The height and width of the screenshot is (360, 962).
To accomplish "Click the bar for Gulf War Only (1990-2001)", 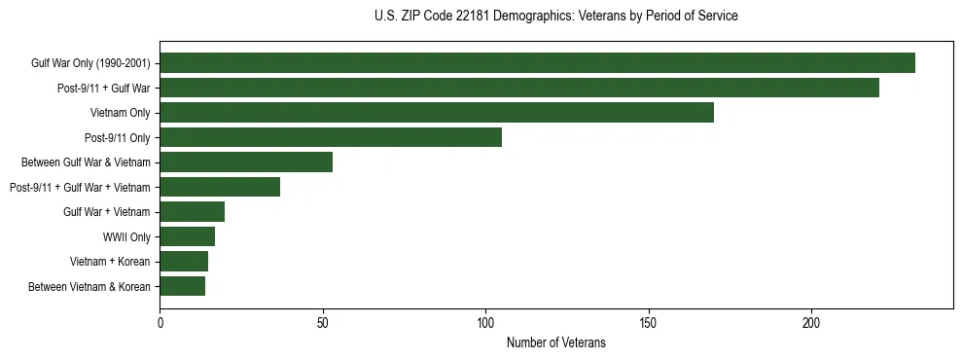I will [x=537, y=63].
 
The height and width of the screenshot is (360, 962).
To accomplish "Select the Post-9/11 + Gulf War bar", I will [x=519, y=88].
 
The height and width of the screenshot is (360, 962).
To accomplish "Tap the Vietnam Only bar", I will [x=437, y=113].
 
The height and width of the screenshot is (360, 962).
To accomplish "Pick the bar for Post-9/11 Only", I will [x=331, y=137].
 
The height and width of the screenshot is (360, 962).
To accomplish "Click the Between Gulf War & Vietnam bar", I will [x=246, y=162].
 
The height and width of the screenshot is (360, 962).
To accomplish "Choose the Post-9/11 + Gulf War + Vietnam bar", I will [x=220, y=187].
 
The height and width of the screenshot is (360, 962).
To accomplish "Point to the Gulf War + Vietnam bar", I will [x=192, y=212].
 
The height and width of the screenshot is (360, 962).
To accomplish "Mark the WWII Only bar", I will [x=187, y=236].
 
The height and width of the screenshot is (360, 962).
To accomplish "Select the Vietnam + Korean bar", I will [x=184, y=262].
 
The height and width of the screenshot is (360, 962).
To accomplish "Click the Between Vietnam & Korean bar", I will [x=182, y=286].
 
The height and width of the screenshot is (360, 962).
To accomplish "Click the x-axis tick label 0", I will [x=160, y=323].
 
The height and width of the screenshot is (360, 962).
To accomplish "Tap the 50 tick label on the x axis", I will [x=323, y=323].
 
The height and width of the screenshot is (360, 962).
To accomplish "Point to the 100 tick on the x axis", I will [x=485, y=323].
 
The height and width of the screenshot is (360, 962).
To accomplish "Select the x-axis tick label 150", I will [x=649, y=323].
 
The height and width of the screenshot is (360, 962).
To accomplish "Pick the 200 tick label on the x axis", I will [x=811, y=323].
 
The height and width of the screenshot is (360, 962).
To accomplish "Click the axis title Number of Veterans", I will [x=555, y=342].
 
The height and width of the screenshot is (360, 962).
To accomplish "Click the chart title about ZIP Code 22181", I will [x=555, y=17].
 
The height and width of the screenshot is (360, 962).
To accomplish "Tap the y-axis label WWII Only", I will [x=126, y=236].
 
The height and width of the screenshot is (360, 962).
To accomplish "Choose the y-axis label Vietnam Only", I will [x=120, y=113].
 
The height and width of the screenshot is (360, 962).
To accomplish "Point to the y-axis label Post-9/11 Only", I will [x=118, y=137].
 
